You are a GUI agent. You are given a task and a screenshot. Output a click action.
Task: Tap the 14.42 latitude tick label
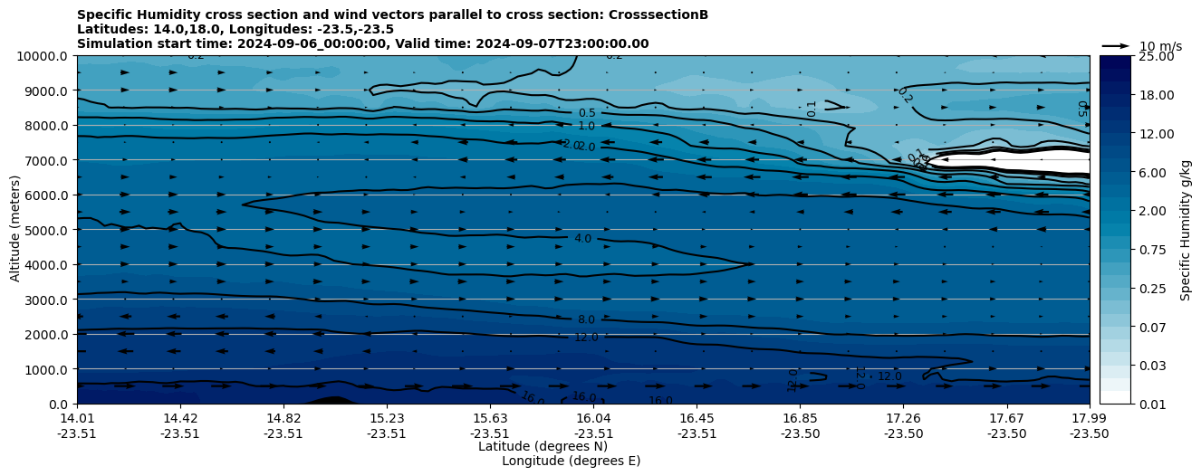tap(180, 418)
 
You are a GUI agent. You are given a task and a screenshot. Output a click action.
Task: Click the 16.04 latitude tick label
tap(593, 418)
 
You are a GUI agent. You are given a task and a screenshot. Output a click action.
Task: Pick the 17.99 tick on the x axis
tap(1089, 418)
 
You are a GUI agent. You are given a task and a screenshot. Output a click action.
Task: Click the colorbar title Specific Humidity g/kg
tap(1186, 230)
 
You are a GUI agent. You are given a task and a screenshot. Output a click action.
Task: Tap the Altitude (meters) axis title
tap(15, 230)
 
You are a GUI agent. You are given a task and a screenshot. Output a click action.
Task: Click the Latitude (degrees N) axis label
tap(543, 446)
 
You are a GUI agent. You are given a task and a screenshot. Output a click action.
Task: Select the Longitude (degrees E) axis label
tap(571, 461)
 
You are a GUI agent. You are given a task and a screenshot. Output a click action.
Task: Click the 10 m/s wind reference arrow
tap(1116, 45)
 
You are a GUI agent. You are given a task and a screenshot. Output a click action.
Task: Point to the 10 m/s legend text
tap(1159, 46)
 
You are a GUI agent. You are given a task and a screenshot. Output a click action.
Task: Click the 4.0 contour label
tap(582, 239)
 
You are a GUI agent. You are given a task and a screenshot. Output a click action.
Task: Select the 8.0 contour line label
tap(586, 320)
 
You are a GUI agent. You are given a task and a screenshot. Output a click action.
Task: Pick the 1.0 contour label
tap(586, 127)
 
